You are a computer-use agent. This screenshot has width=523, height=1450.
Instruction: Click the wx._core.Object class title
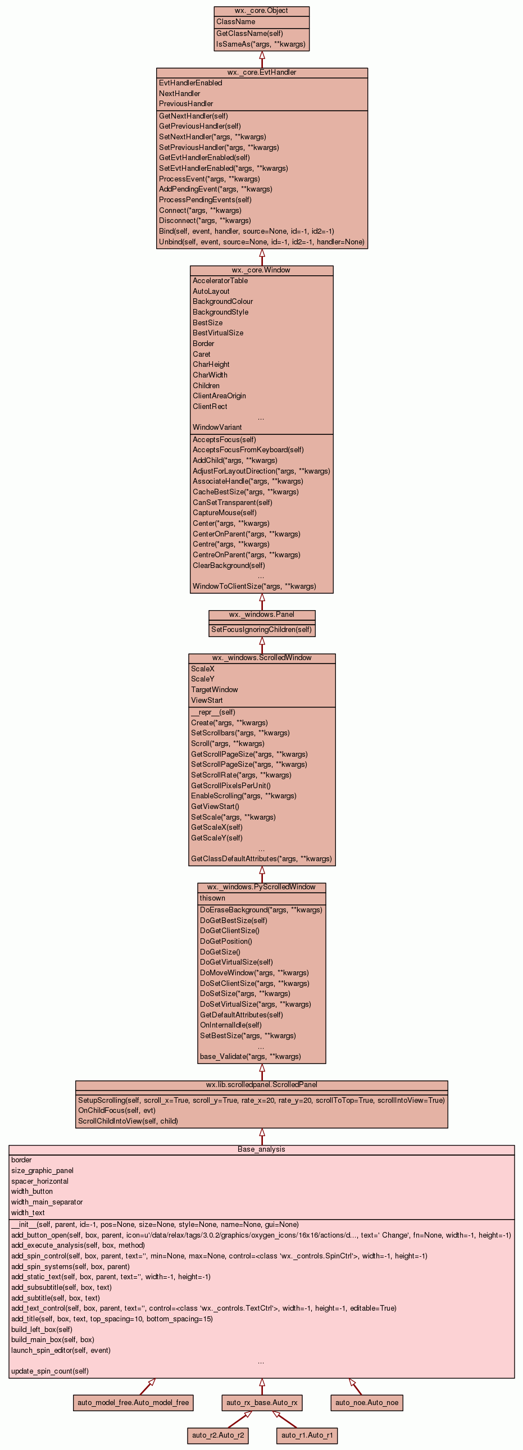click(261, 11)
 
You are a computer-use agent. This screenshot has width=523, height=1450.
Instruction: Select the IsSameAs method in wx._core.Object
click(261, 44)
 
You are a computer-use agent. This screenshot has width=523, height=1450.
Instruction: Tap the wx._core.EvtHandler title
click(261, 72)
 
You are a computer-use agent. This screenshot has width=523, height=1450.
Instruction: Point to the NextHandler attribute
click(180, 93)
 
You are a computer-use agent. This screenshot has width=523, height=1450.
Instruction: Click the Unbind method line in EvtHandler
click(261, 242)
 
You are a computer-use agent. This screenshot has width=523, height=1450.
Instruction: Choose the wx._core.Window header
click(261, 270)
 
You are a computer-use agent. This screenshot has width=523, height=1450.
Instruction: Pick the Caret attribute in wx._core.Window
click(202, 354)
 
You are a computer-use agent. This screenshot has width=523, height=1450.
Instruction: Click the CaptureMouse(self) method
click(225, 513)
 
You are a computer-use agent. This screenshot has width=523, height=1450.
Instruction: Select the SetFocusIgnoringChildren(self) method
click(261, 629)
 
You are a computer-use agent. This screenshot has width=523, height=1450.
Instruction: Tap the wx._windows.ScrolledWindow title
click(261, 657)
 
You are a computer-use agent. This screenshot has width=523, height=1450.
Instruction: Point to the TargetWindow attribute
click(215, 689)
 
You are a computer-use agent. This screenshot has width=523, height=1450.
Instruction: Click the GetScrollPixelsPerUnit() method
click(231, 785)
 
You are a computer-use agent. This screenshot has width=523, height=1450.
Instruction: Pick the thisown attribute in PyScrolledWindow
click(212, 898)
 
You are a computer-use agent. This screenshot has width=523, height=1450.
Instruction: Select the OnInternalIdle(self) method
click(231, 1025)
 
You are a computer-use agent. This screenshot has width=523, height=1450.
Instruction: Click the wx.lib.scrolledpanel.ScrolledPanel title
click(261, 1085)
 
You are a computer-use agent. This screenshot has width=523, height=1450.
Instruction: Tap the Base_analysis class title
click(261, 1149)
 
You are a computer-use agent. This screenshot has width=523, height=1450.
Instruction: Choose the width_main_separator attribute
click(47, 1202)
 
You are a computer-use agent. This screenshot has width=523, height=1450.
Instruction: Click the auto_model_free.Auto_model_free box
click(134, 1402)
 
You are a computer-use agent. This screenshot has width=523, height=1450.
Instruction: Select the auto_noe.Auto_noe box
click(366, 1402)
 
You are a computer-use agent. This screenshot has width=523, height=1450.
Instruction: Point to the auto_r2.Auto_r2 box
click(218, 1435)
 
